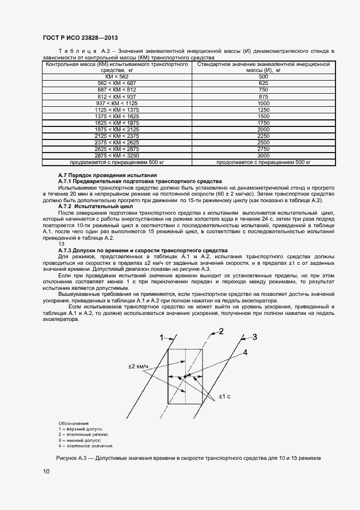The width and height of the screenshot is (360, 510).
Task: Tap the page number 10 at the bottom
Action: [x=46, y=471]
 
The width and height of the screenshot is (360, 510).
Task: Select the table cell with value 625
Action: [x=264, y=83]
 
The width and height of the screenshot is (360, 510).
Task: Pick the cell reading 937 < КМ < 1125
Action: [x=117, y=103]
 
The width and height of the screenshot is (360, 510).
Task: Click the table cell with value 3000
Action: [x=264, y=156]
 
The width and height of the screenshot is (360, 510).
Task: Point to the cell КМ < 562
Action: [x=117, y=77]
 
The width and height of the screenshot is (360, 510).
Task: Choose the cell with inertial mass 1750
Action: [x=264, y=123]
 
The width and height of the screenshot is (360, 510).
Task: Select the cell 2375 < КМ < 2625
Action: [x=117, y=143]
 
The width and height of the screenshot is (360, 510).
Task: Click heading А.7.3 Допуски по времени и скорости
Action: [x=143, y=250]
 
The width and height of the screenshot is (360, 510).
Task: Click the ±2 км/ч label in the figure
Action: [x=138, y=366]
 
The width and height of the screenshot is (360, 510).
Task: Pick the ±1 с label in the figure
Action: [x=225, y=396]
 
